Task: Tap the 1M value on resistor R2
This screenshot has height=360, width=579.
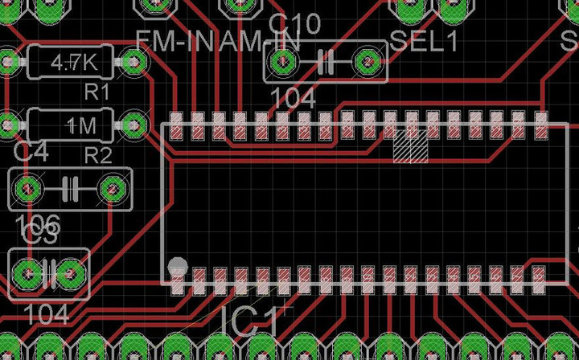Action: click(x=80, y=125)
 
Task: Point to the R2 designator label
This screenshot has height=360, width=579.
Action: click(x=98, y=155)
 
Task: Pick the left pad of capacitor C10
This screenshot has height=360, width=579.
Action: click(x=283, y=61)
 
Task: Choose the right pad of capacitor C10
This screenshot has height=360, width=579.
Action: click(x=367, y=61)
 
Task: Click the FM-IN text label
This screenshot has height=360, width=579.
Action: click(x=172, y=40)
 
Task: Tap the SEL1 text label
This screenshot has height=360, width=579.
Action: click(x=424, y=40)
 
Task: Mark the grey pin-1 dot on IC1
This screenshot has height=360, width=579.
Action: click(x=177, y=266)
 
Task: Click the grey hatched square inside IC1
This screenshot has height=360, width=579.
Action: click(x=410, y=146)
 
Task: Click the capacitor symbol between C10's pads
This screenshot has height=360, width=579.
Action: click(x=326, y=61)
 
